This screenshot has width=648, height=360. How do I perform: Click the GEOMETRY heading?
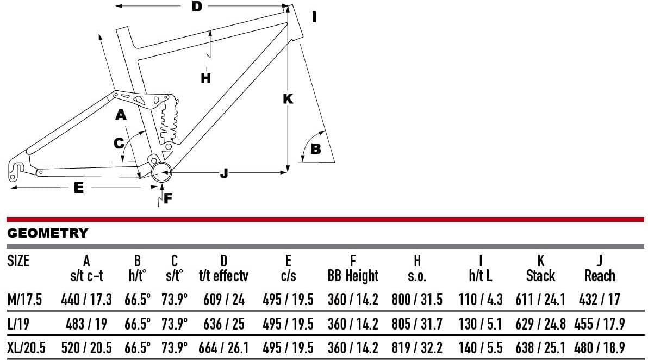(x=47, y=233)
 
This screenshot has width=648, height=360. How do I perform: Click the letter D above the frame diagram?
(x=197, y=7)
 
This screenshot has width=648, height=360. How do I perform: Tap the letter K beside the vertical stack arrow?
(x=288, y=99)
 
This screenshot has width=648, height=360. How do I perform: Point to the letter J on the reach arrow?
(x=224, y=173)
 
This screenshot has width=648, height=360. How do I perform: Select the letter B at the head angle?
(x=315, y=149)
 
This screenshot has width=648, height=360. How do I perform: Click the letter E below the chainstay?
(x=78, y=188)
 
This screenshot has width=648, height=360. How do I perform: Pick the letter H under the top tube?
(x=205, y=78)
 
